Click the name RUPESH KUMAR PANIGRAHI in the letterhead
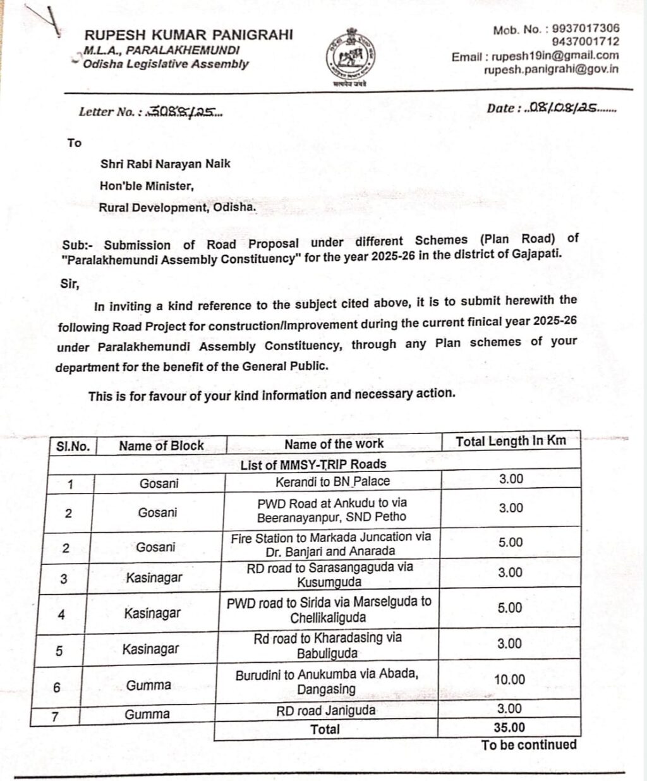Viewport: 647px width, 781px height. [x=188, y=35]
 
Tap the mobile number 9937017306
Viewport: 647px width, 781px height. [x=585, y=28]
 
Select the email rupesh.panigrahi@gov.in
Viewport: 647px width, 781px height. [x=551, y=70]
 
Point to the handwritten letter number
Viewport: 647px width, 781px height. [x=184, y=112]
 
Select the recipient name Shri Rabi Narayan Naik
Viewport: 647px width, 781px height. [x=166, y=164]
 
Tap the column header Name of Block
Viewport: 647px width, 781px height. [x=161, y=445]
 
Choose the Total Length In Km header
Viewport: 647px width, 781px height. [x=511, y=441]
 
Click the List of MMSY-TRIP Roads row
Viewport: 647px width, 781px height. [x=313, y=464]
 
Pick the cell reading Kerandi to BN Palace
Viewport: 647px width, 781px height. [x=332, y=481]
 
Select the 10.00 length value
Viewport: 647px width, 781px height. [x=509, y=679]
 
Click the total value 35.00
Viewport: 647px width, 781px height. [x=509, y=727]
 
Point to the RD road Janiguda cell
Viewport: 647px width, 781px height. [x=325, y=710]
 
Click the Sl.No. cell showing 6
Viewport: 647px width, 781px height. [x=57, y=687]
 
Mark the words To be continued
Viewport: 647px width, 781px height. [x=529, y=745]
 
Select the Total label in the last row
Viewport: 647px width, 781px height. [x=325, y=729]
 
